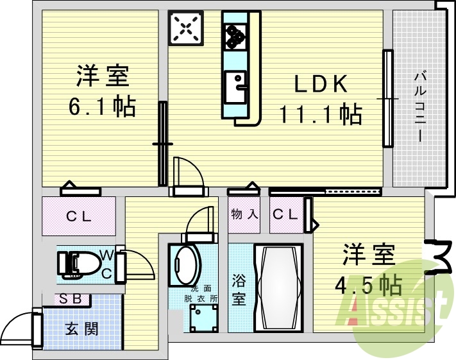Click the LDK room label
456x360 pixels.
pyautogui.click(x=321, y=85)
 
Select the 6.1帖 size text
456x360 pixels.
pyautogui.click(x=103, y=107)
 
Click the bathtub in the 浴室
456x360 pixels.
pyautogui.click(x=278, y=287)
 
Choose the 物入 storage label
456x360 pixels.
pyautogui.click(x=244, y=214)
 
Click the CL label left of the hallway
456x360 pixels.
pyautogui.click(x=79, y=216)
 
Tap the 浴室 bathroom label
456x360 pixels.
pyautogui.click(x=239, y=290)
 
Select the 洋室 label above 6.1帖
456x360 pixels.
pyautogui.click(x=103, y=76)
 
